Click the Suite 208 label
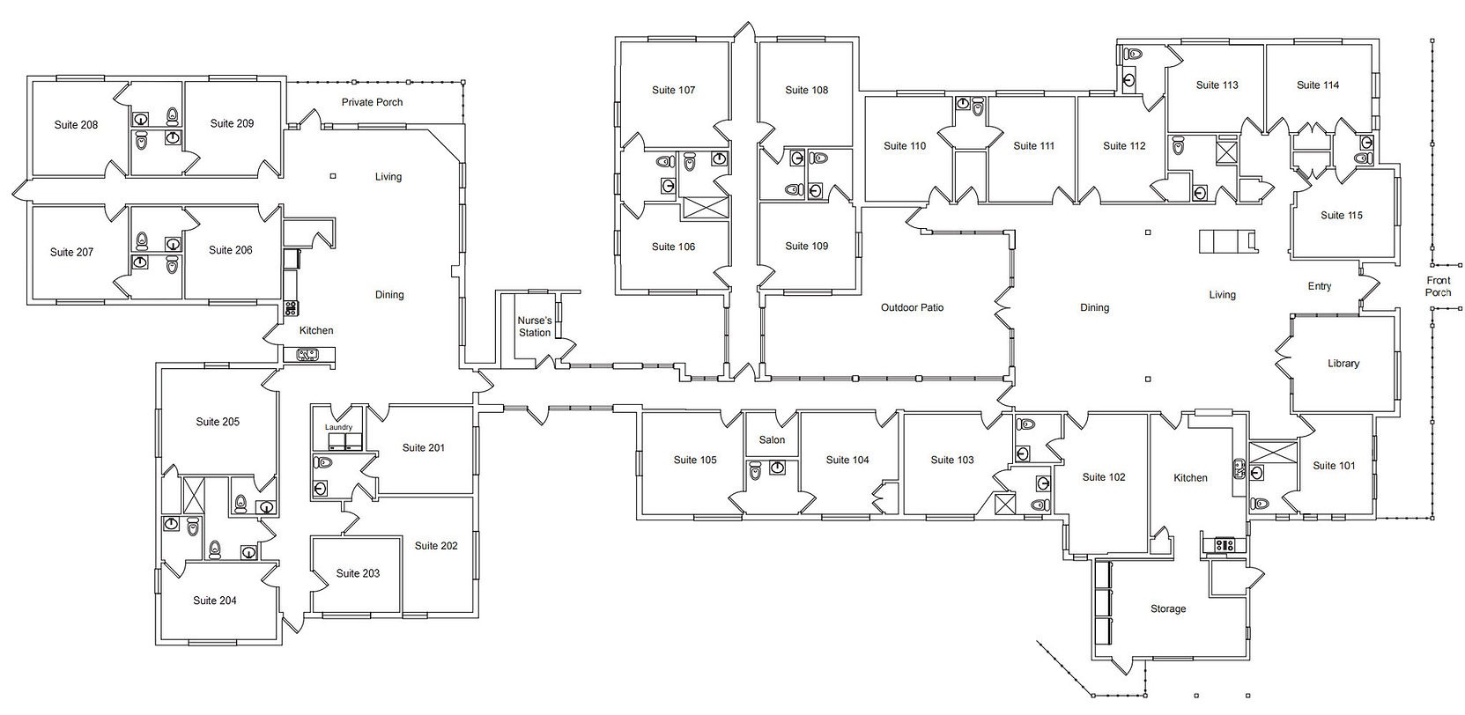[x=76, y=125]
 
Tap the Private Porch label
[x=372, y=102]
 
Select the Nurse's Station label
[x=535, y=326]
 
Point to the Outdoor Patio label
[x=913, y=307]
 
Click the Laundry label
[x=339, y=427]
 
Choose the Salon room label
[x=772, y=440]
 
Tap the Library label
[x=1343, y=364]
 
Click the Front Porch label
[x=1439, y=286]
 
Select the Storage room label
[x=1168, y=609]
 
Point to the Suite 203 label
[x=358, y=573]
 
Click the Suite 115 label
[x=1342, y=215]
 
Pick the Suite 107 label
[x=674, y=90]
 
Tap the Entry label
[x=1320, y=286]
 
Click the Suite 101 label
[x=1335, y=465]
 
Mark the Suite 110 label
[x=905, y=146]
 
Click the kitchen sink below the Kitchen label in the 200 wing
[x=307, y=355]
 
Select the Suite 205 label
[x=218, y=422]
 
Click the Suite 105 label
[x=695, y=460]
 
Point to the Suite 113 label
[x=1217, y=85]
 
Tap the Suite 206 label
[x=230, y=250]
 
